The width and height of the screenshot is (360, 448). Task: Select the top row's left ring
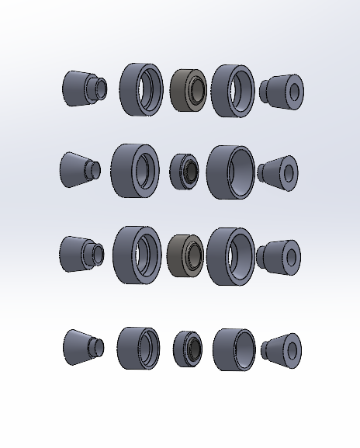[141, 90]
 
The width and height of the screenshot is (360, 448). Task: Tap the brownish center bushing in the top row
[188, 90]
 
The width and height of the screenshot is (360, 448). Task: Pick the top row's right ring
[233, 90]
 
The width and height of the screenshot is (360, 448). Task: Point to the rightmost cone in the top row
[282, 91]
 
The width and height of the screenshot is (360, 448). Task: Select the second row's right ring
[230, 172]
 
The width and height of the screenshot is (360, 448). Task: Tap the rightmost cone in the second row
[279, 172]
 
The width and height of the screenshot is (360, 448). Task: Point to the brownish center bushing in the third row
[185, 255]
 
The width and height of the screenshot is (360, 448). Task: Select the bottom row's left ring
[138, 348]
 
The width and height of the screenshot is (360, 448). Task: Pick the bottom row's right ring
[234, 349]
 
